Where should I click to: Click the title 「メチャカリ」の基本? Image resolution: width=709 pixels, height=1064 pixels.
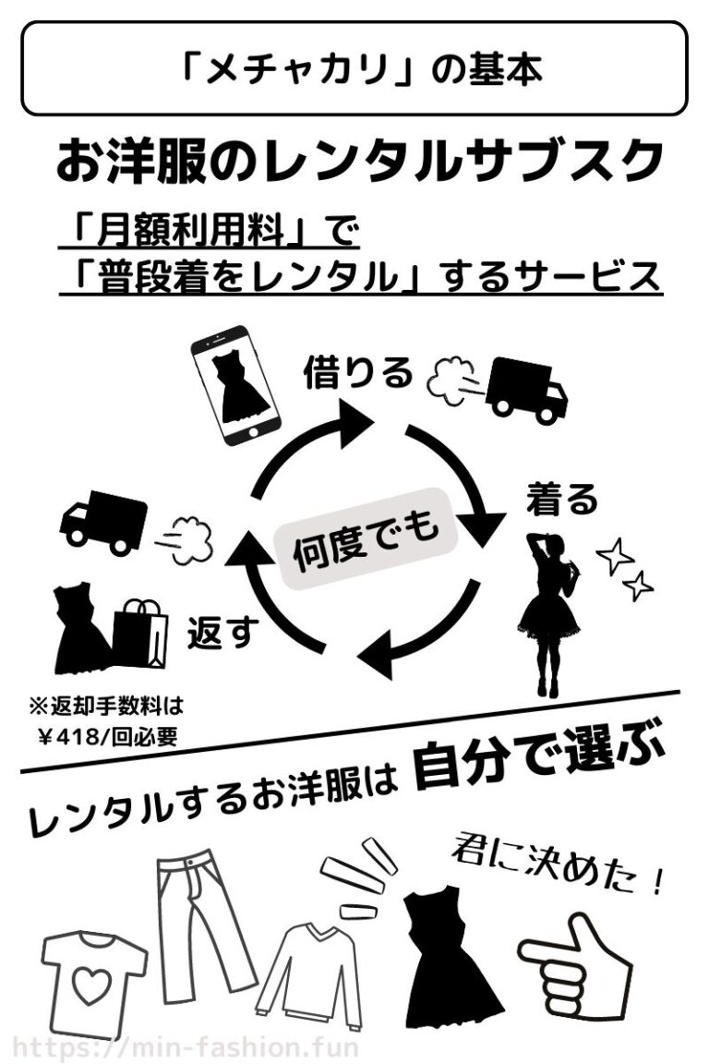354,69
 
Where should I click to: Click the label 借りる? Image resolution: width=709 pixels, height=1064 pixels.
358,373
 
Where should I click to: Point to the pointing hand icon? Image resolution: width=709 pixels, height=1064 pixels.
577,961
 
